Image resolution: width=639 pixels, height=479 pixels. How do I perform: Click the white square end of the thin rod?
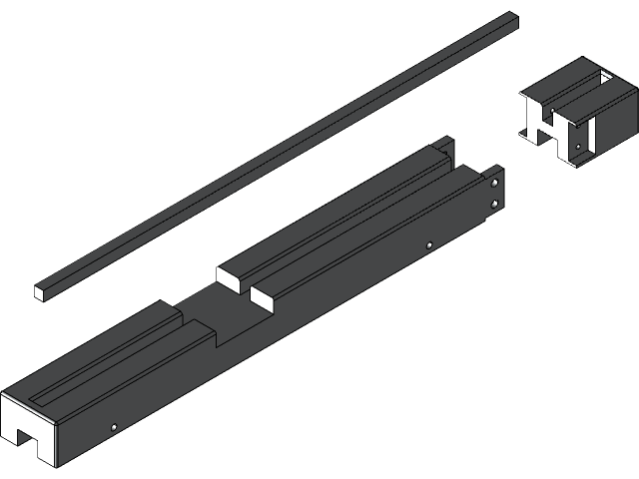point(40,291)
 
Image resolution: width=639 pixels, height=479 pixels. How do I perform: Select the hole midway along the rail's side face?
point(428,245)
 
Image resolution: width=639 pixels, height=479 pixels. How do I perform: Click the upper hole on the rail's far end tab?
point(494,183)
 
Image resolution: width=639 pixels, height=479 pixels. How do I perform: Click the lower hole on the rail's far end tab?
point(494,205)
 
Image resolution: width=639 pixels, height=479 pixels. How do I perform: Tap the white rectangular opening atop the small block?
point(603,77)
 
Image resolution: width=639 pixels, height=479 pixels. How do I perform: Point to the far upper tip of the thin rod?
point(513,16)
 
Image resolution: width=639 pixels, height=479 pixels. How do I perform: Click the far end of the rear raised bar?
point(439,148)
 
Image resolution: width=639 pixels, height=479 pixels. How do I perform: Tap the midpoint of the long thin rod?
point(277,155)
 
